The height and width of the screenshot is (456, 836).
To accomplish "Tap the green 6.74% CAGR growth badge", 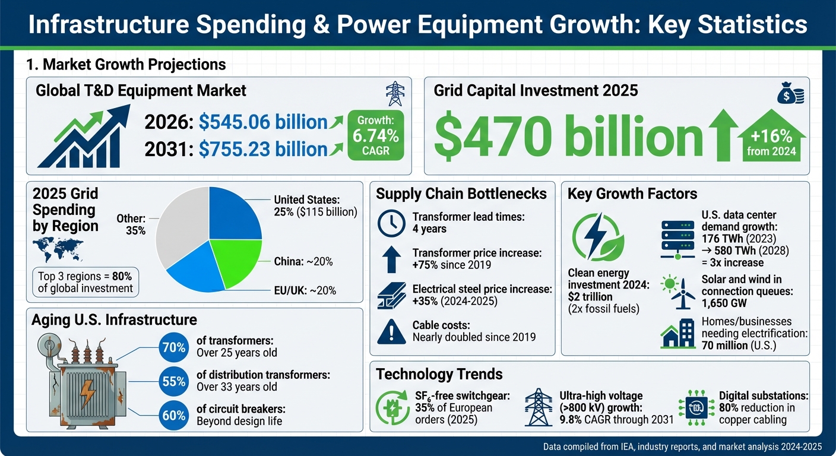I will coord(376,135).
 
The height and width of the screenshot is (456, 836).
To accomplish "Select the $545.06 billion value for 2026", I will coord(263,122).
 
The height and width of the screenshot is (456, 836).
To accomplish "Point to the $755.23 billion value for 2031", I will coord(263,149).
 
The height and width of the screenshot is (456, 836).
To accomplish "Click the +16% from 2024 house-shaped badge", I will coord(771,138).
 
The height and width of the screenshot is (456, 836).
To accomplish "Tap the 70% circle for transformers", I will coord(173,347).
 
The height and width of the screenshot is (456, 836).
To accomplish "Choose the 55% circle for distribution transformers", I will coord(173,382).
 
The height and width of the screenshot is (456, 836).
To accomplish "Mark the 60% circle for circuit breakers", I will coord(173,416).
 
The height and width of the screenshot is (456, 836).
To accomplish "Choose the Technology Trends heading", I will coord(439,374).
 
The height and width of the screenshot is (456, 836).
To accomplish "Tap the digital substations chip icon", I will coord(696,407).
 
